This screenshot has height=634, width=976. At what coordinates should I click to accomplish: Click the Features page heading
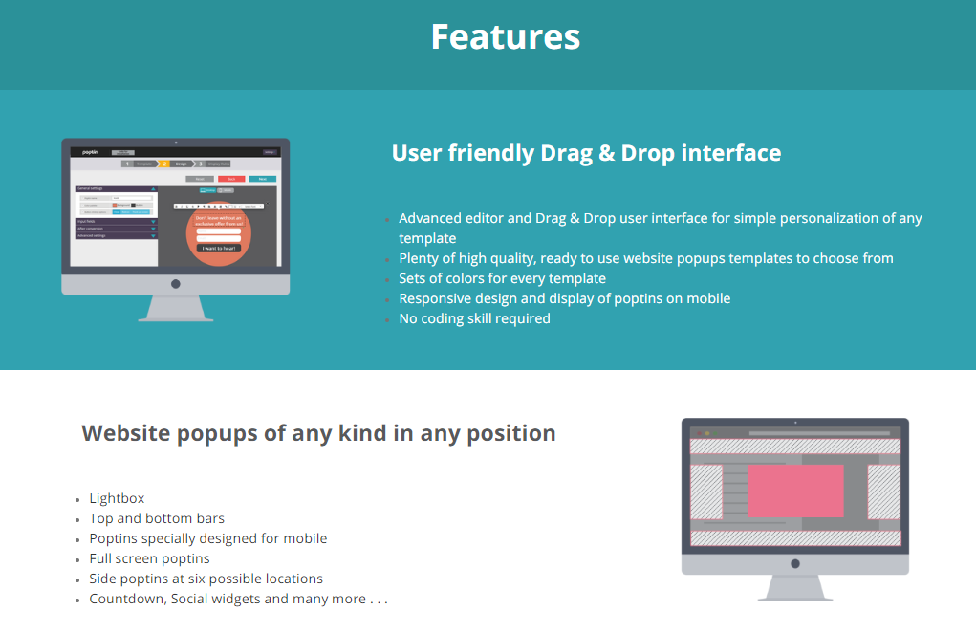(505, 37)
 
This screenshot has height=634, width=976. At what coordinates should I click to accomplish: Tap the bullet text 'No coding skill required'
(474, 318)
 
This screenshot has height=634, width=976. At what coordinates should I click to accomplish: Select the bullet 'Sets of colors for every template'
(502, 278)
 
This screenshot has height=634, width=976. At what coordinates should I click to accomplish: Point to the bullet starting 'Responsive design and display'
(564, 298)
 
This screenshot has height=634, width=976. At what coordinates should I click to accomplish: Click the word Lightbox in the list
(117, 498)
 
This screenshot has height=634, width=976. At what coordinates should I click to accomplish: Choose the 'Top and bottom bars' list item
(157, 518)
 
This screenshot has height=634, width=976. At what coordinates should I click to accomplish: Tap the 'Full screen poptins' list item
(149, 558)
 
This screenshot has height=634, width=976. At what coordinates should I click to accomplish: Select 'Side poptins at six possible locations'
(206, 579)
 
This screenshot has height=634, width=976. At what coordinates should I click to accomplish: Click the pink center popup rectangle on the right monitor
(794, 491)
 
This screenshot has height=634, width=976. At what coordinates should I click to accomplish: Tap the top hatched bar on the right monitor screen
(794, 446)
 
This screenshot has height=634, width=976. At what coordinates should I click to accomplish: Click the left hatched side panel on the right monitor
(705, 492)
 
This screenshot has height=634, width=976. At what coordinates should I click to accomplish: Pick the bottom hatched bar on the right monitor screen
(794, 537)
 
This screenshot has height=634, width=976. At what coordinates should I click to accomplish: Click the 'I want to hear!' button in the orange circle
(218, 248)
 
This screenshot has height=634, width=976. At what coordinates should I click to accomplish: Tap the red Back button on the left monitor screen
(231, 179)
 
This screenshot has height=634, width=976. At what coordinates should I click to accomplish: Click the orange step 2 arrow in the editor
(164, 164)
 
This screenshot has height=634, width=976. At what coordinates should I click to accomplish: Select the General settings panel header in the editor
(116, 188)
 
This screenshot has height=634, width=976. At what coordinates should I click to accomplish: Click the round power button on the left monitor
(175, 284)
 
